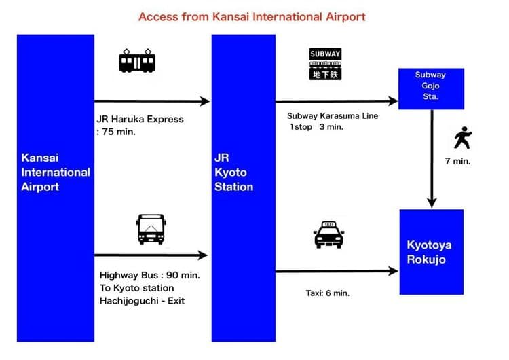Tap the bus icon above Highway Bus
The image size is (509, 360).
click(151, 228)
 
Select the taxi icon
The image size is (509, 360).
click(328, 234)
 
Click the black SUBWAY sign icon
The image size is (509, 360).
click(325, 64)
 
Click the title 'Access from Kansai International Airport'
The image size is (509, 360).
click(252, 16)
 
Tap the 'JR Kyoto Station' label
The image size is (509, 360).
click(235, 172)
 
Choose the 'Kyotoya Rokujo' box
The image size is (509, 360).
click(431, 251)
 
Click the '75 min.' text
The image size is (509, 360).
click(118, 132)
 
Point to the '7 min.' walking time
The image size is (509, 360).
click(457, 161)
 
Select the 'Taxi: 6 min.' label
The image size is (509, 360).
click(328, 293)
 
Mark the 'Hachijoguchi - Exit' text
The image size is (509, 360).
click(142, 300)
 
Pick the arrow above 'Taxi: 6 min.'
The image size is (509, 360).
click(336, 271)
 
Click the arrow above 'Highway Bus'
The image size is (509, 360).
click(150, 255)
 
